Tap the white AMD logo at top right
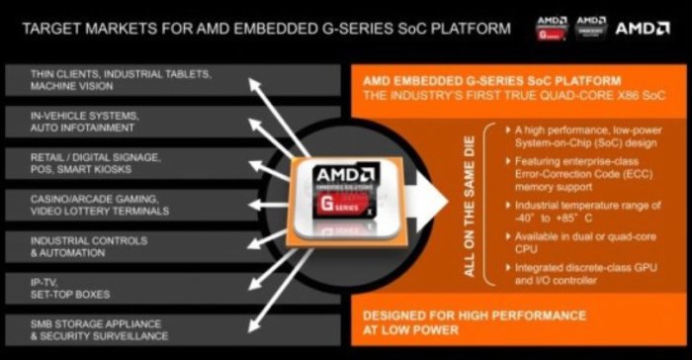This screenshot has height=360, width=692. [643, 28]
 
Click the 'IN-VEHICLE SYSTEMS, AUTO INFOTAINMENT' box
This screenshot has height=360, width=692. [99, 122]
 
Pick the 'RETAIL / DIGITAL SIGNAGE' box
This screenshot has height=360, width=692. [99, 162]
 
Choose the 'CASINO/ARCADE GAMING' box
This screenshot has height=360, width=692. [99, 204]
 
